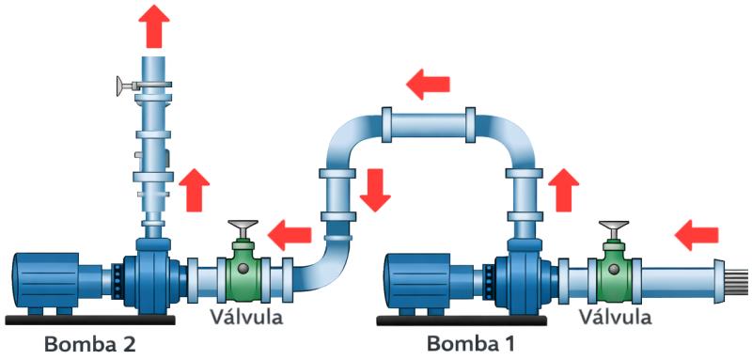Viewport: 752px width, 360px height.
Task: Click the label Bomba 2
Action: tap(89, 343)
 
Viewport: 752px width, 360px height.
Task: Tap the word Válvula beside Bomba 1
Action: tap(615, 316)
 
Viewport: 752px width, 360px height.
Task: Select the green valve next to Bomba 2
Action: tap(243, 270)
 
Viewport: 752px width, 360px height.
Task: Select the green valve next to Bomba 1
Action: tap(615, 271)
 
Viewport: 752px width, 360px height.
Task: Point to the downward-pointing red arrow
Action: tap(375, 190)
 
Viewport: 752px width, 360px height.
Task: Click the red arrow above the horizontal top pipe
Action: tap(428, 85)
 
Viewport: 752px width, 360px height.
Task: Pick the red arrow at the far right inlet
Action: tap(697, 233)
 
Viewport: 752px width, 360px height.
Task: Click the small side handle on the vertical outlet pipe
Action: tap(123, 87)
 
